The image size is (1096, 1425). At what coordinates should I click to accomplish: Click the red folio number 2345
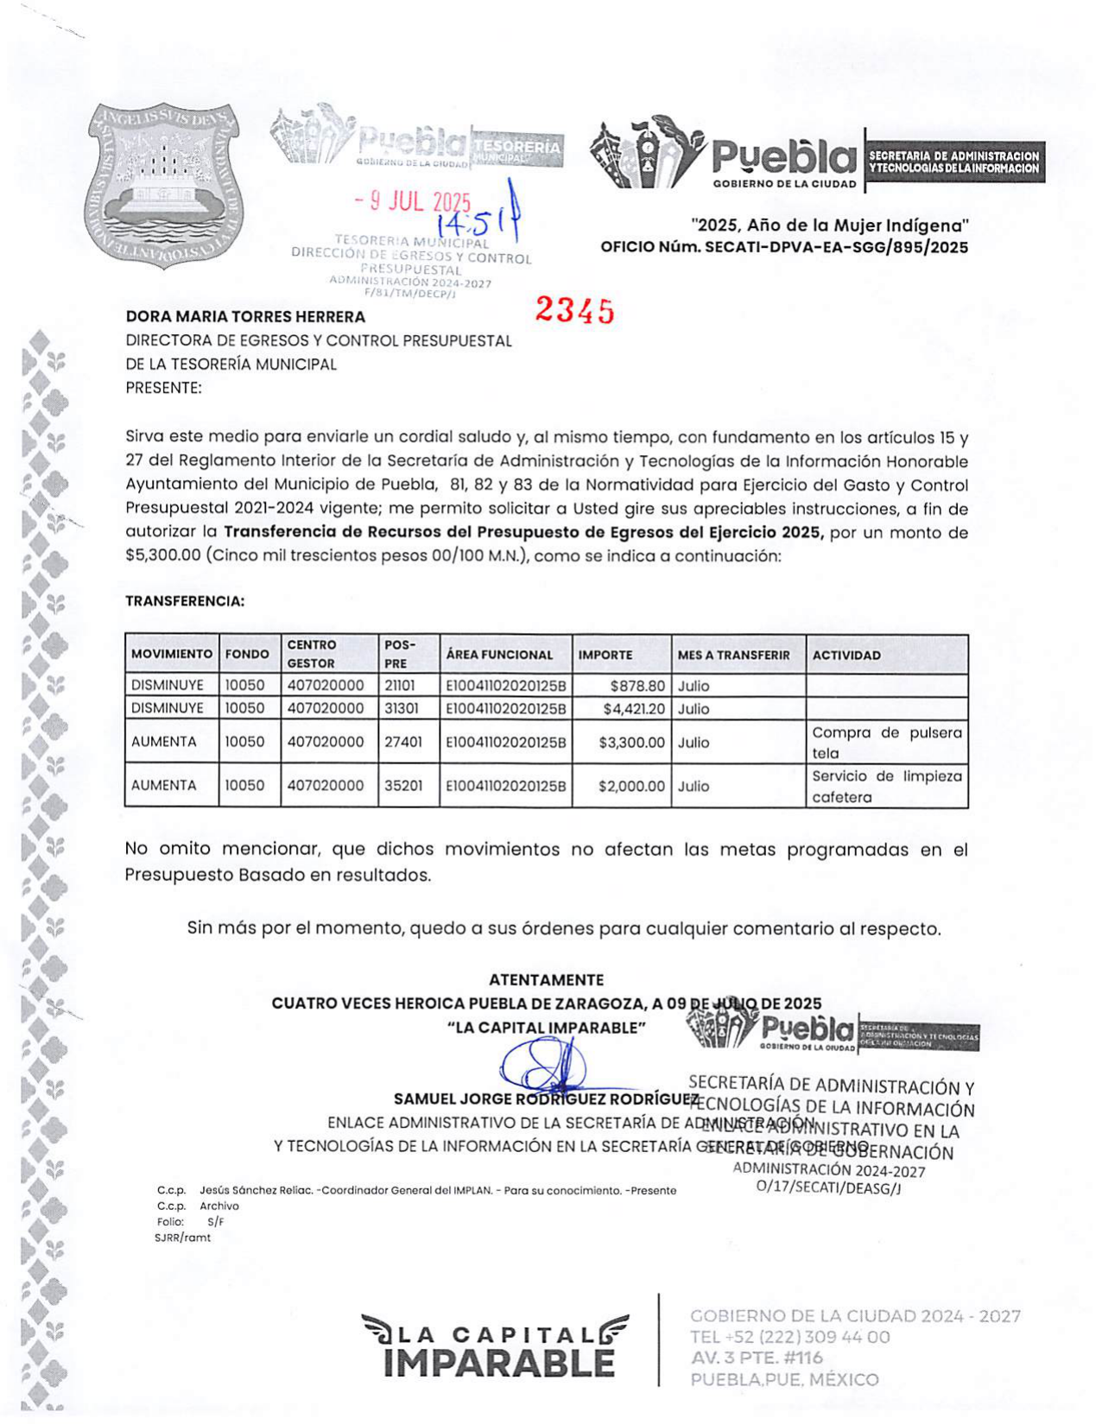click(x=574, y=310)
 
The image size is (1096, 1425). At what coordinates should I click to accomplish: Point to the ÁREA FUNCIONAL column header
click(x=499, y=655)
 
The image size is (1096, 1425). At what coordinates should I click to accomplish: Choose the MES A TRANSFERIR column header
click(x=733, y=655)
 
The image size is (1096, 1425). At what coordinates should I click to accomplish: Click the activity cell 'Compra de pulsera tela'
click(x=886, y=743)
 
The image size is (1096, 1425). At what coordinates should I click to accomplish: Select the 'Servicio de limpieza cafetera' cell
click(x=886, y=786)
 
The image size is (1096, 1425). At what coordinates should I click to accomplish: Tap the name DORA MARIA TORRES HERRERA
click(x=245, y=317)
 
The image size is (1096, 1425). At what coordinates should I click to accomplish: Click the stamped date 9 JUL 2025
click(x=413, y=202)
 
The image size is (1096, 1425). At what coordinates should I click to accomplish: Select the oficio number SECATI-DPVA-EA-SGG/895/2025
click(x=833, y=248)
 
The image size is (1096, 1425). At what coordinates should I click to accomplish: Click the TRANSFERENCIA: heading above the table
click(x=185, y=601)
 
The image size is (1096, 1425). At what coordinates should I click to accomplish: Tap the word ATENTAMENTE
click(x=546, y=980)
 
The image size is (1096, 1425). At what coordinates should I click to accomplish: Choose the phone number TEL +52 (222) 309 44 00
click(x=789, y=1337)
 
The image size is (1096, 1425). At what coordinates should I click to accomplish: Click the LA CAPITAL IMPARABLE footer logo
click(x=495, y=1345)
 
